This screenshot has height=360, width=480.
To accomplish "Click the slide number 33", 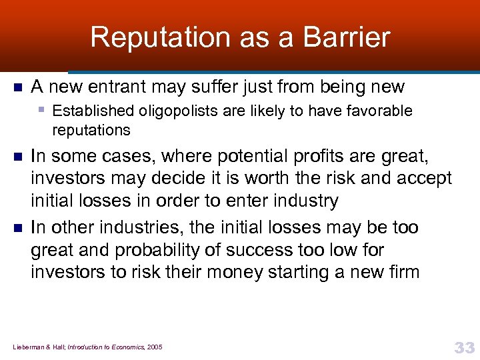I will click(464, 347).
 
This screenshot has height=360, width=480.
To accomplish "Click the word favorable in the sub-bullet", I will click(381, 111).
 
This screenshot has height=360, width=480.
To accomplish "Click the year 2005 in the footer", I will click(154, 347).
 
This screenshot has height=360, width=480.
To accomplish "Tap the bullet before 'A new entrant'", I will click(18, 87).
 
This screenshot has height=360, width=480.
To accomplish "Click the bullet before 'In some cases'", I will click(18, 157).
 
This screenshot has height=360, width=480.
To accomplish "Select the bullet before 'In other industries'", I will click(18, 228).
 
